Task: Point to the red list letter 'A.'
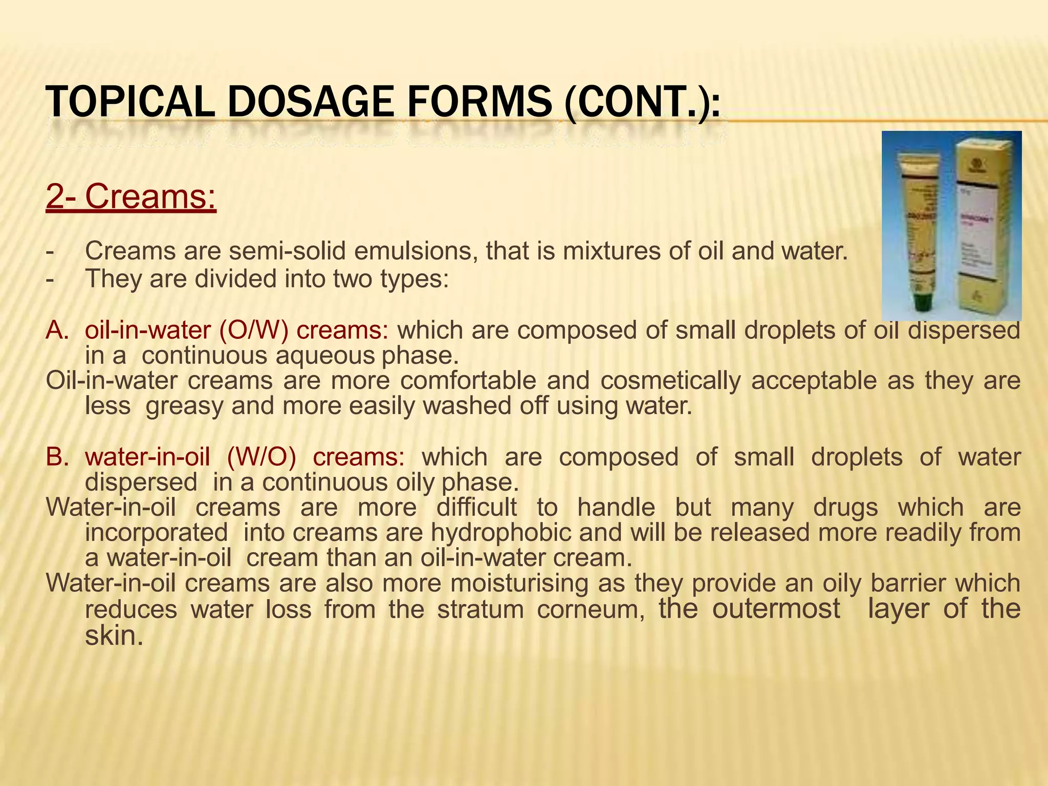point(57,330)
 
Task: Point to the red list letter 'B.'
point(57,457)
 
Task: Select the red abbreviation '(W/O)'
point(261,457)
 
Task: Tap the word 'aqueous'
point(325,356)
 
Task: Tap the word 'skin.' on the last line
point(114,636)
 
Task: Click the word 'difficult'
point(476,508)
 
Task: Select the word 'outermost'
point(776,609)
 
